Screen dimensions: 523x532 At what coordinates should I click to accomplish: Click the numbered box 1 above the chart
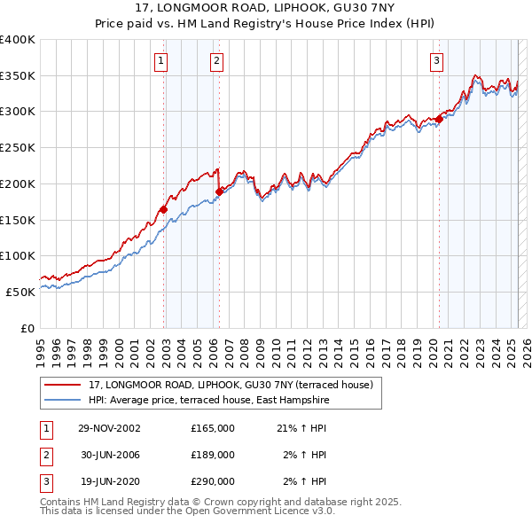(160, 60)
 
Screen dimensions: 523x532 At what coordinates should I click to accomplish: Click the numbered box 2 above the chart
(216, 60)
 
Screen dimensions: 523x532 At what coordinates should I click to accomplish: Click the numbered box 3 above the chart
(437, 60)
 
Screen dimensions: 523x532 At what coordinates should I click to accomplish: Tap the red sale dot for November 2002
(164, 209)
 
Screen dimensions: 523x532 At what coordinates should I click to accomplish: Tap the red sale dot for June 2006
(219, 191)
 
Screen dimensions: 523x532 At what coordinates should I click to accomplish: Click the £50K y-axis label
(20, 291)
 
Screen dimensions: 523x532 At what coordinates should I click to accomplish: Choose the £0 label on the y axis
(27, 327)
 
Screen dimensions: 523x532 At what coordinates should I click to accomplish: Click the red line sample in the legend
(62, 385)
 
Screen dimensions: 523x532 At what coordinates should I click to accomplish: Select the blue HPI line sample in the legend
(62, 400)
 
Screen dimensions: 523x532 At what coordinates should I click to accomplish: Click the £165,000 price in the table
(213, 428)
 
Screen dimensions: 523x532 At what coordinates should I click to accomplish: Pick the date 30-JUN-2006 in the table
(109, 455)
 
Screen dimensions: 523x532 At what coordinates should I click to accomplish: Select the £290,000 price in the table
(213, 481)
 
